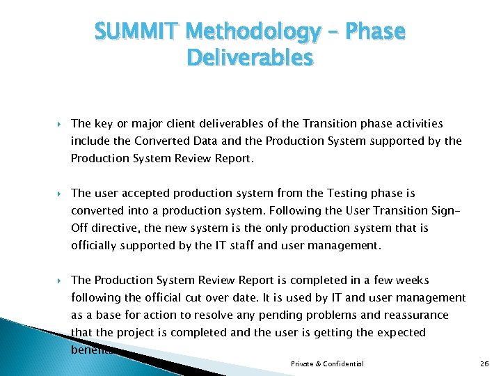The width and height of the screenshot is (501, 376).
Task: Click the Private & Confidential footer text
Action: (x=327, y=364)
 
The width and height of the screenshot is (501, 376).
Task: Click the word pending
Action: (x=285, y=315)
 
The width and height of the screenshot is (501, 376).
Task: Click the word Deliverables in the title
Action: (x=250, y=58)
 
